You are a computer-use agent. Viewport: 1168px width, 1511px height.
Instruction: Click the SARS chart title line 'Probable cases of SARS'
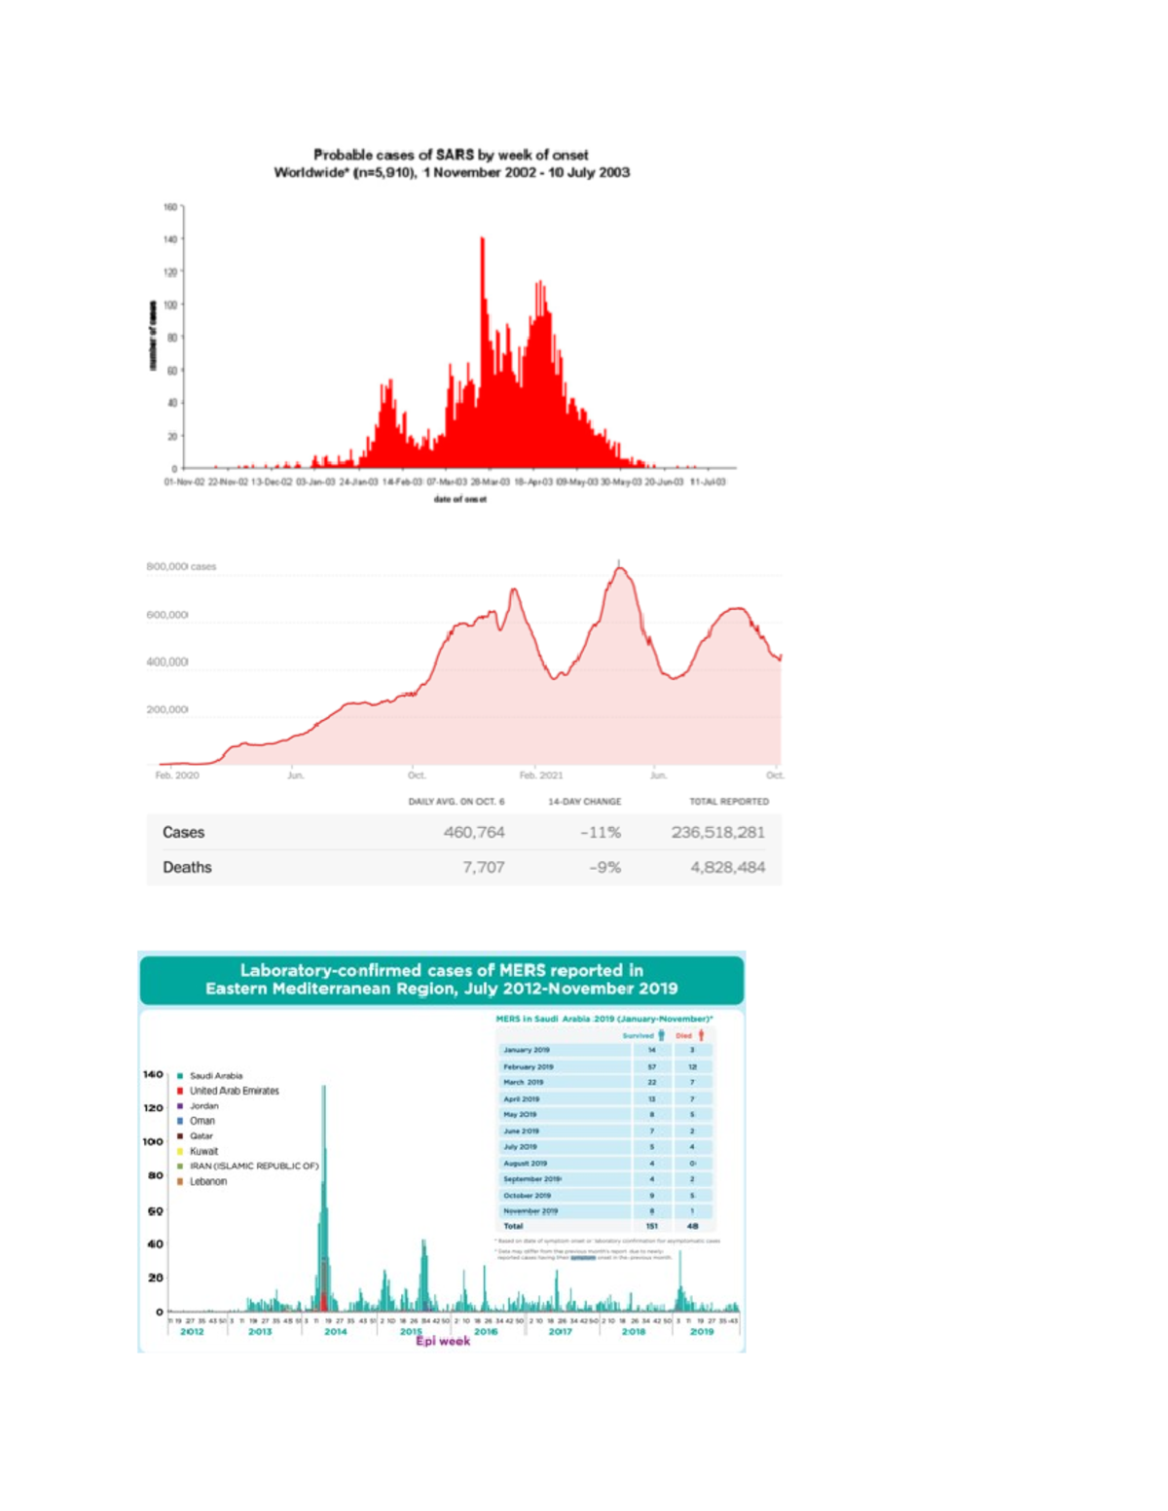pyautogui.click(x=451, y=155)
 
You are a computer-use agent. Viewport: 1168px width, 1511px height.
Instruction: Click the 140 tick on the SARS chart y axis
pyautogui.click(x=170, y=239)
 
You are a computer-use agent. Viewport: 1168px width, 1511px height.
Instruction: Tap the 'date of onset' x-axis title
pyautogui.click(x=459, y=499)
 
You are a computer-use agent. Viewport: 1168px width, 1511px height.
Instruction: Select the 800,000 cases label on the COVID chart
pyautogui.click(x=181, y=566)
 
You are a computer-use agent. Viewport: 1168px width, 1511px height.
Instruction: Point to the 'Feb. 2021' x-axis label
pyautogui.click(x=541, y=775)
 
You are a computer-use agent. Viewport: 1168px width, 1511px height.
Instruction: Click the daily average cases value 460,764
pyautogui.click(x=474, y=832)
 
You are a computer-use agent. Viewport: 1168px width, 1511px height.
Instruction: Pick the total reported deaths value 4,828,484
pyautogui.click(x=727, y=867)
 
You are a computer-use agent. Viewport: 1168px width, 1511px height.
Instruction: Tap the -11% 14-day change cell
pyautogui.click(x=601, y=832)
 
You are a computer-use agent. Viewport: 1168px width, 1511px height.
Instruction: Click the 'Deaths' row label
pyautogui.click(x=187, y=867)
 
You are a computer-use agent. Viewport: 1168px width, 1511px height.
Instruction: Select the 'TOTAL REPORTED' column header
pyautogui.click(x=728, y=802)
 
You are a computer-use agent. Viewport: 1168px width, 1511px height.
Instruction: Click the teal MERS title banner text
pyautogui.click(x=441, y=979)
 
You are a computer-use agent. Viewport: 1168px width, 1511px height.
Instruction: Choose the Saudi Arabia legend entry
pyautogui.click(x=215, y=1076)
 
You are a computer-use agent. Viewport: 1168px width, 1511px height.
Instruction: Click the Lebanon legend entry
pyautogui.click(x=207, y=1181)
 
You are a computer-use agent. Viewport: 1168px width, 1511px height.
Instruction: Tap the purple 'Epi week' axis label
pyautogui.click(x=443, y=1341)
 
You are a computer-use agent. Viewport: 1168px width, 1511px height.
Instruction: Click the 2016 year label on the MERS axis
pyautogui.click(x=486, y=1331)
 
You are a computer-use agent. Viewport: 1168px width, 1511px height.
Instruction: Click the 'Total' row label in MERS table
pyautogui.click(x=513, y=1226)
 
